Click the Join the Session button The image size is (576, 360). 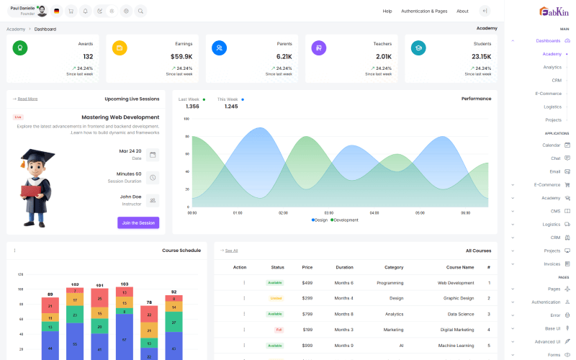pyautogui.click(x=138, y=223)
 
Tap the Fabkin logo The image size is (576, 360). pyautogui.click(x=554, y=12)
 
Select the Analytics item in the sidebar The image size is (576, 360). pyautogui.click(x=552, y=67)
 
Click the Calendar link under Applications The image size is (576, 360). pyautogui.click(x=551, y=145)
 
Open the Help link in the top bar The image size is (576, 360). pyautogui.click(x=387, y=12)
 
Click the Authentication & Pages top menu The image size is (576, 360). pyautogui.click(x=424, y=12)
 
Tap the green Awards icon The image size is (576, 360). pyautogui.click(x=20, y=48)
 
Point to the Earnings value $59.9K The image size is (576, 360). pyautogui.click(x=181, y=57)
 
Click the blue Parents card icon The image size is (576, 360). pyautogui.click(x=219, y=48)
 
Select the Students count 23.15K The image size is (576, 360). pyautogui.click(x=481, y=57)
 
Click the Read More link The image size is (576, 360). pyautogui.click(x=27, y=99)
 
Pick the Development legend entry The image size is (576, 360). pyautogui.click(x=345, y=220)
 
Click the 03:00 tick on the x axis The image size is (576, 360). pyautogui.click(x=329, y=213)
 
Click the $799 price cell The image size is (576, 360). pyautogui.click(x=307, y=314)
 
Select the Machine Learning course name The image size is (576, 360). pyautogui.click(x=456, y=346)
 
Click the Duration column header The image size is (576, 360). pyautogui.click(x=344, y=267)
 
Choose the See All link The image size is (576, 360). pyautogui.click(x=231, y=251)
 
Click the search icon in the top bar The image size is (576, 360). pyautogui.click(x=140, y=12)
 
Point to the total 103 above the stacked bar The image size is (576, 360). pyautogui.click(x=124, y=284)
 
